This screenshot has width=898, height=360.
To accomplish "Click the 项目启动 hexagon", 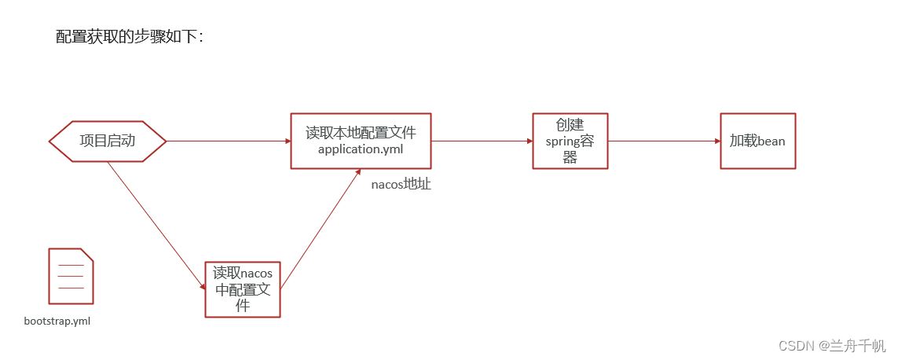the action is [x=107, y=141].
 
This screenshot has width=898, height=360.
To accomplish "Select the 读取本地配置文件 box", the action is [x=361, y=141].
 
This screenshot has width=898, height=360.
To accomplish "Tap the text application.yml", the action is [x=361, y=150].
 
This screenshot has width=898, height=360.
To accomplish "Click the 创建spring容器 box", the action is [x=570, y=141].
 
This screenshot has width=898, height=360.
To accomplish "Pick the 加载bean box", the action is [x=757, y=141].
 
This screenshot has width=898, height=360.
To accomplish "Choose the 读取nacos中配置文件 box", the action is [x=243, y=289].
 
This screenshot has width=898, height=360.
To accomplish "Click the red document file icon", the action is [x=71, y=277].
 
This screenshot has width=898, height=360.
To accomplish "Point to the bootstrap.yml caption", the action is [x=57, y=321].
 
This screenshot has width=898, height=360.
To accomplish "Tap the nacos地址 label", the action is [x=401, y=185].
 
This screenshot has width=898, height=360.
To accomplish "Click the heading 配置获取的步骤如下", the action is [x=130, y=37].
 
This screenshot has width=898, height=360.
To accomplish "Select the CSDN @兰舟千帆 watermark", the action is [x=832, y=346].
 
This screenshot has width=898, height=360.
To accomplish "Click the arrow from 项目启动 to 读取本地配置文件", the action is [x=229, y=141].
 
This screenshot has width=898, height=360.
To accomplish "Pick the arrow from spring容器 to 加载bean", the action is [x=665, y=141].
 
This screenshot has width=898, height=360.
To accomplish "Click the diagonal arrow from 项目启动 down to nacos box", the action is [x=156, y=226].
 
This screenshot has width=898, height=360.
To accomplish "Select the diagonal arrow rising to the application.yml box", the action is [x=321, y=229].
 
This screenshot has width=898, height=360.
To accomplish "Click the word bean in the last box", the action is [x=772, y=141].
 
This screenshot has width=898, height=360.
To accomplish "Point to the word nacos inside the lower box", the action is [x=257, y=273].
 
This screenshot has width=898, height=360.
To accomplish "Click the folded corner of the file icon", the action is [x=86, y=255].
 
